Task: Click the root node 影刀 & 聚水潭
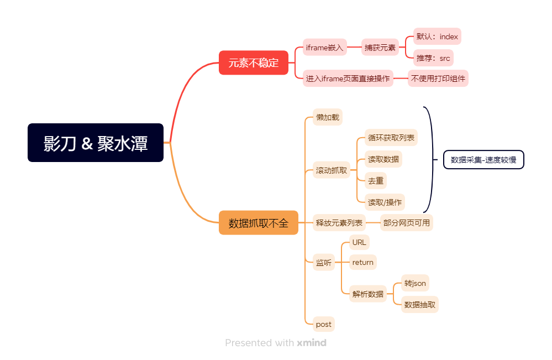pyautogui.click(x=96, y=143)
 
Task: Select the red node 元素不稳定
pyautogui.click(x=254, y=62)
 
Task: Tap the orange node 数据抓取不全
pyautogui.click(x=259, y=223)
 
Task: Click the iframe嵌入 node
pyautogui.click(x=324, y=47)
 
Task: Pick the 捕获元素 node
pyautogui.click(x=380, y=47)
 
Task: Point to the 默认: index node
pyautogui.click(x=437, y=36)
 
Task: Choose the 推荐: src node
pyautogui.click(x=433, y=58)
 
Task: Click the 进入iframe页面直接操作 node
pyautogui.click(x=348, y=78)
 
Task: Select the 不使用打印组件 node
pyautogui.click(x=438, y=78)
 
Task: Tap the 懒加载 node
pyautogui.click(x=328, y=117)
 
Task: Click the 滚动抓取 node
pyautogui.click(x=332, y=170)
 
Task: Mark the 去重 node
pyautogui.click(x=376, y=181)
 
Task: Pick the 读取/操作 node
pyautogui.click(x=385, y=202)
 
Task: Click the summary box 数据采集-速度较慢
pyautogui.click(x=483, y=160)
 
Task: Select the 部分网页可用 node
pyautogui.click(x=406, y=223)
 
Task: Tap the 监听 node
pyautogui.click(x=324, y=263)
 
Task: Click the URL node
pyautogui.click(x=359, y=242)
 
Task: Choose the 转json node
pyautogui.click(x=415, y=283)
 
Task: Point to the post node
pyautogui.click(x=324, y=324)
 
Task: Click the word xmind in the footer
pyautogui.click(x=312, y=342)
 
